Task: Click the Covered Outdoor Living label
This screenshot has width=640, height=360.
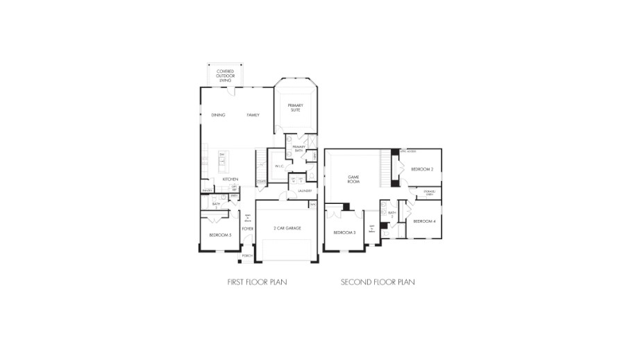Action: coord(224,76)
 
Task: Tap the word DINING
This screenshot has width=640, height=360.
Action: coord(219,114)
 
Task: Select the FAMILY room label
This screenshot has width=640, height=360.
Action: coord(253,114)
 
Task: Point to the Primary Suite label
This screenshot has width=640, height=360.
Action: coord(296,108)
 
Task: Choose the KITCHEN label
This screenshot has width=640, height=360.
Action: coord(230,180)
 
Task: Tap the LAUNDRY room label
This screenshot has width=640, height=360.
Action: coord(305,190)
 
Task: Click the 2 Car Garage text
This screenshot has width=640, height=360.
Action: coord(287,228)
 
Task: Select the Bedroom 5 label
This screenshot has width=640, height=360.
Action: coord(220,236)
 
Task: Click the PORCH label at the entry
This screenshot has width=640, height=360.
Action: coord(247,256)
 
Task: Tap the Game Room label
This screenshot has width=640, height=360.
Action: coord(353,178)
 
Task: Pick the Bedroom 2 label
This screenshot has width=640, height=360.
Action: coord(421,169)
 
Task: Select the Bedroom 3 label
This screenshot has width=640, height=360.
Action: coord(344,232)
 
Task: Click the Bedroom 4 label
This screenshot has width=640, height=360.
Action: coord(424,221)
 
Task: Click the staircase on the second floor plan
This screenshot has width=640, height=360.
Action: coord(386,166)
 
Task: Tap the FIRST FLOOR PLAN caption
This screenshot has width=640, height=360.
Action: coord(257,282)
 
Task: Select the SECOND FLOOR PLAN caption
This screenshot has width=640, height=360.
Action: coord(378,282)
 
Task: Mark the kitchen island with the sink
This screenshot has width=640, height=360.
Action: coord(222,162)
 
